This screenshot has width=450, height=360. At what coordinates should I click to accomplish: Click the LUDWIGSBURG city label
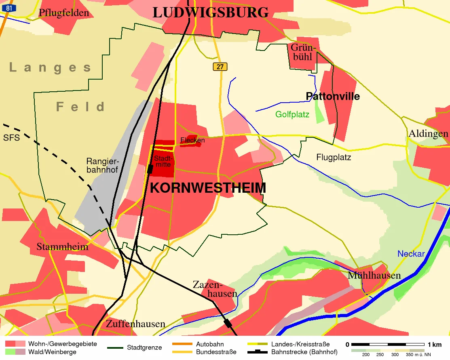(210, 13)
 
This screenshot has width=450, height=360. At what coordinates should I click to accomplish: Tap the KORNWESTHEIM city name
(208, 188)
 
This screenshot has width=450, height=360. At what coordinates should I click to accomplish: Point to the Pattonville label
(333, 96)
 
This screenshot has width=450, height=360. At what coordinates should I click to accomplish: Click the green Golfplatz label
(292, 114)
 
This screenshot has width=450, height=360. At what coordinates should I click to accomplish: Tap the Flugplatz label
(334, 157)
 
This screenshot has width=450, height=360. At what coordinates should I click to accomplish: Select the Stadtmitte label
(163, 161)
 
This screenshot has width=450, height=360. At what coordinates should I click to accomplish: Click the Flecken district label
(192, 140)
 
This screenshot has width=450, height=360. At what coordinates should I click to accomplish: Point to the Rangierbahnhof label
(102, 165)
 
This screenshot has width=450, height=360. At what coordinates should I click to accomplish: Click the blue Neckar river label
(411, 254)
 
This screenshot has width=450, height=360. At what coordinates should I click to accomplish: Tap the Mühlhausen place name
(374, 276)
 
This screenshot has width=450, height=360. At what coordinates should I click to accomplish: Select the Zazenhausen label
(215, 288)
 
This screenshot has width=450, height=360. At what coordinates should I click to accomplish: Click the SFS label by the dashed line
(11, 137)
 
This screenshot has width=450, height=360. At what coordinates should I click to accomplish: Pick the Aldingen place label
(428, 133)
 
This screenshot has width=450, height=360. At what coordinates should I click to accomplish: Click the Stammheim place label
(62, 246)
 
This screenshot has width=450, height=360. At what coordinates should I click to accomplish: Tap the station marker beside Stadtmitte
(150, 168)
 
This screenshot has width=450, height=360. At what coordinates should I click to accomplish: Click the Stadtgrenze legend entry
(144, 347)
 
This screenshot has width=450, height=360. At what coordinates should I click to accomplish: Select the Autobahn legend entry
(209, 345)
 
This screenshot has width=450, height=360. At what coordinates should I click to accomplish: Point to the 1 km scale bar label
(435, 345)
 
